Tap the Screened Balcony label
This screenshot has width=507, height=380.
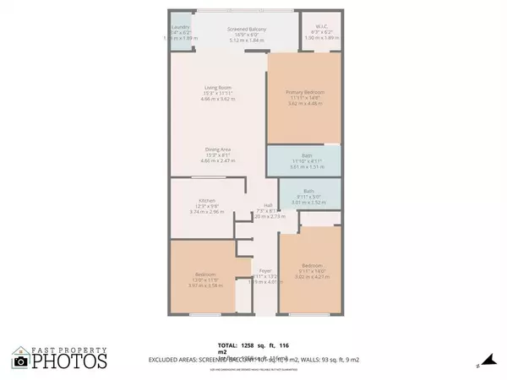(247, 30)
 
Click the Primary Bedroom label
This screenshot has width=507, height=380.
(305, 92)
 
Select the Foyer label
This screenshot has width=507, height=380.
(264, 270)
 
